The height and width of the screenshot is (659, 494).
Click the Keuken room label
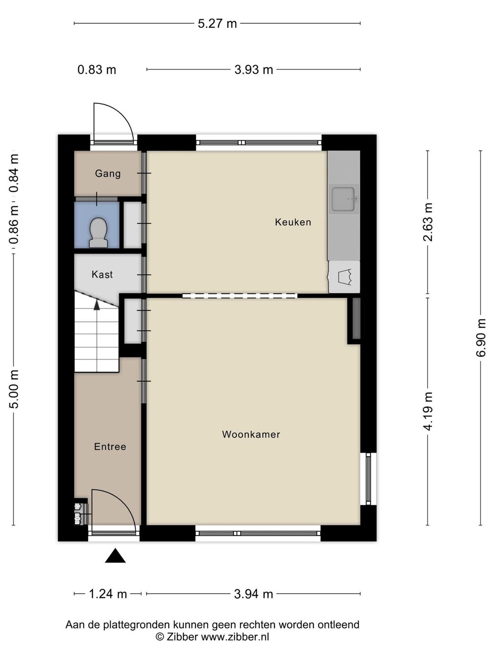click(293, 222)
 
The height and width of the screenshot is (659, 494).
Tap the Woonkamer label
click(251, 434)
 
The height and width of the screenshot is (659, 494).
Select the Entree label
click(110, 447)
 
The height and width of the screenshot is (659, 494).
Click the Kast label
click(102, 275)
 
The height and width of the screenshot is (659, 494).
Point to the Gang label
click(107, 173)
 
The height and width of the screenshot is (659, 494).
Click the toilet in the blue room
click(98, 232)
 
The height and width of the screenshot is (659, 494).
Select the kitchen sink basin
click(344, 199)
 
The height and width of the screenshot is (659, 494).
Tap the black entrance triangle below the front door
click(115, 556)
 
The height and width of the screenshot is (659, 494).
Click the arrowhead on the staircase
click(97, 305)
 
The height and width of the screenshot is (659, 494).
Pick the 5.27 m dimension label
click(217, 24)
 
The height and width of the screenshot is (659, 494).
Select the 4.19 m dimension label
click(428, 411)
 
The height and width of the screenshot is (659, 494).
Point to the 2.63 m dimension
click(428, 222)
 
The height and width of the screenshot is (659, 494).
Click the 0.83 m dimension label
click(97, 70)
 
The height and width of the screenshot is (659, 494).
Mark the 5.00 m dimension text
click(14, 389)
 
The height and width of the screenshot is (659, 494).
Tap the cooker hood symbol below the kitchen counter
click(344, 277)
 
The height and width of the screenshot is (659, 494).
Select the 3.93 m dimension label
click(254, 70)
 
